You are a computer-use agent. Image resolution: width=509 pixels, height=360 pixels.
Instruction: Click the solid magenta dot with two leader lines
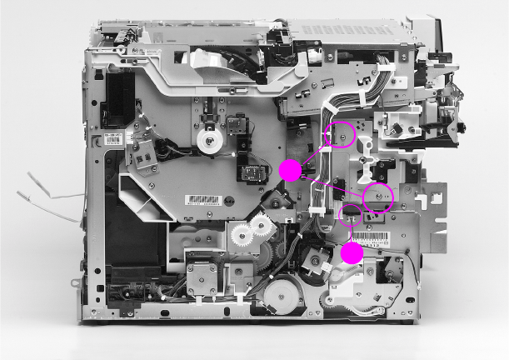289,170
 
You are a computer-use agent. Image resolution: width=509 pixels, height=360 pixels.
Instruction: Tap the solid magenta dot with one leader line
352,254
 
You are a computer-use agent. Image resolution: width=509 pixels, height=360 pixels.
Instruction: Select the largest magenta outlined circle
377,197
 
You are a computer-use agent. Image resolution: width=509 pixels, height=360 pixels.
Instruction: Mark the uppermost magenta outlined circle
339,134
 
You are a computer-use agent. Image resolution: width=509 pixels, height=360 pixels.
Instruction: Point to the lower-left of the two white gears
239,238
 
